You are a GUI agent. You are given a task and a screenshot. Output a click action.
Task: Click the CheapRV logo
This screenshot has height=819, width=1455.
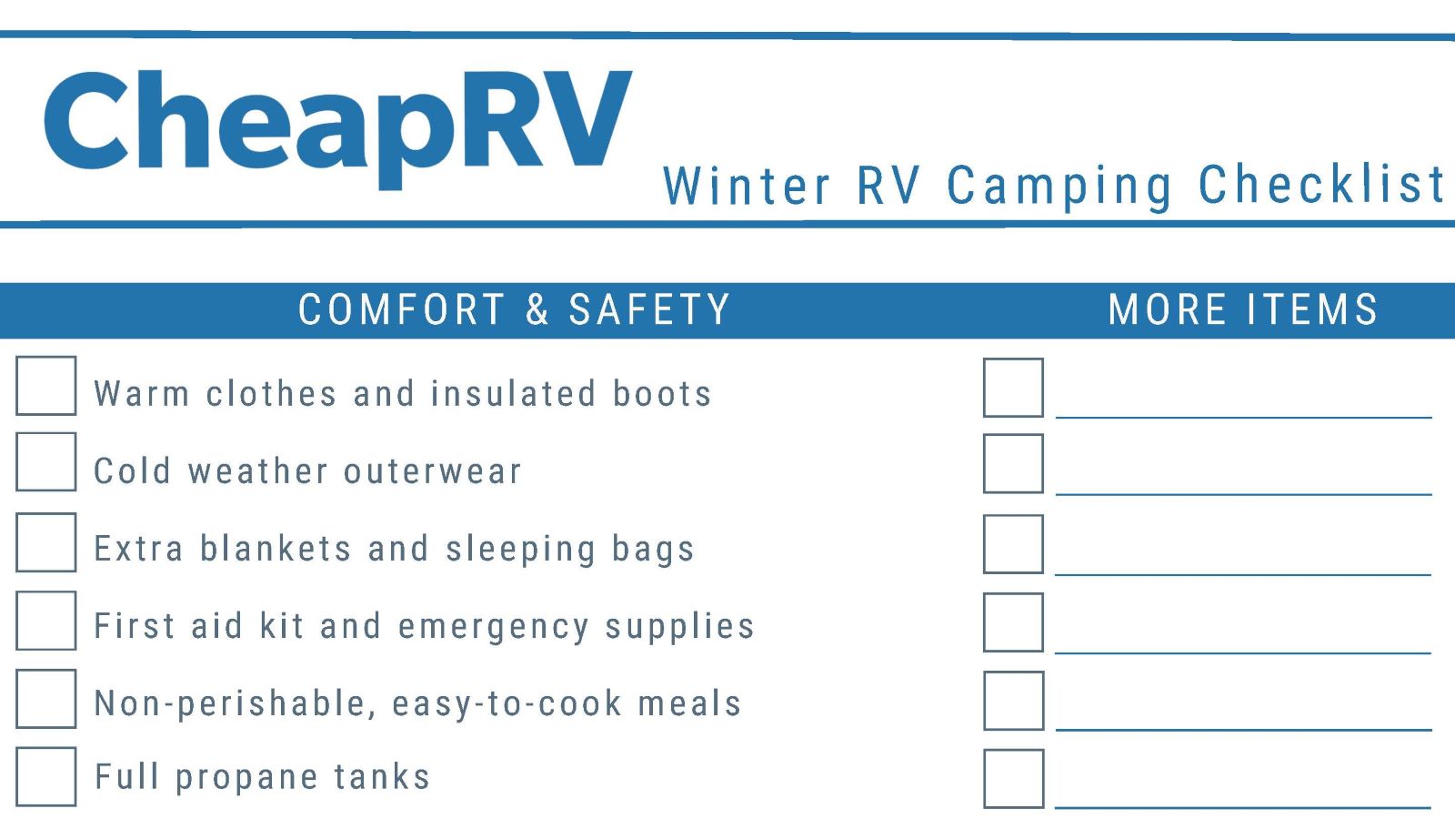point(336,123)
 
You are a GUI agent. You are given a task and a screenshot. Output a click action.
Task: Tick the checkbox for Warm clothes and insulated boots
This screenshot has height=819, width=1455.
point(45,386)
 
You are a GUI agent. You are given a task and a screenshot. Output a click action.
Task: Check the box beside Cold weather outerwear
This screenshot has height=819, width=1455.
point(45,461)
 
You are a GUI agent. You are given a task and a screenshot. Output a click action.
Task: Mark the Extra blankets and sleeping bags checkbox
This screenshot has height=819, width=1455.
point(45,542)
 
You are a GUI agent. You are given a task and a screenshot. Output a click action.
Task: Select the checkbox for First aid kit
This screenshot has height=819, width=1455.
point(45,621)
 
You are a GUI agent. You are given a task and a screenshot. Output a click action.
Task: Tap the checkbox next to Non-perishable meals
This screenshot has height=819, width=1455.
point(45,699)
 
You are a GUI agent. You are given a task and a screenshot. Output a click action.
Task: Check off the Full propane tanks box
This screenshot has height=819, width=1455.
point(45,776)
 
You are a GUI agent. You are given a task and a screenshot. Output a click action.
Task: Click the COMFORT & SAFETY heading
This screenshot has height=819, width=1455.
point(514,310)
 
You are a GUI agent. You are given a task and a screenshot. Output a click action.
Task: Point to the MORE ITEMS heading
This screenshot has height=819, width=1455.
point(1242,310)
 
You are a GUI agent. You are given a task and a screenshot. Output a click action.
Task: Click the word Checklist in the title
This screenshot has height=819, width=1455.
point(1321,185)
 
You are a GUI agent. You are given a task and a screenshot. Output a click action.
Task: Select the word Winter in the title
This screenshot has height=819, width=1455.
point(747,187)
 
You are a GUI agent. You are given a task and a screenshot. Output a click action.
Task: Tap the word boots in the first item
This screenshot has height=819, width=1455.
point(662,394)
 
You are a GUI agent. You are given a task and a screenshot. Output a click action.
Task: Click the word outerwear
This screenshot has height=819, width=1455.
point(432,471)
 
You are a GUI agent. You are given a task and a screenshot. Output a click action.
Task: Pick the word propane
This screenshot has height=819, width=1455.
point(246,779)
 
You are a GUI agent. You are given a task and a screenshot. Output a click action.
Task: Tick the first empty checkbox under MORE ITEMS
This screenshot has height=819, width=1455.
point(1013,388)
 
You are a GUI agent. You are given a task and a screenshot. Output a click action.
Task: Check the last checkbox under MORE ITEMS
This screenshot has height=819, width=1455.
point(1013,779)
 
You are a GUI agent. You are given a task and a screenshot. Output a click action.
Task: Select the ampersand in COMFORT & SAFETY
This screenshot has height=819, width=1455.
point(537,310)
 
